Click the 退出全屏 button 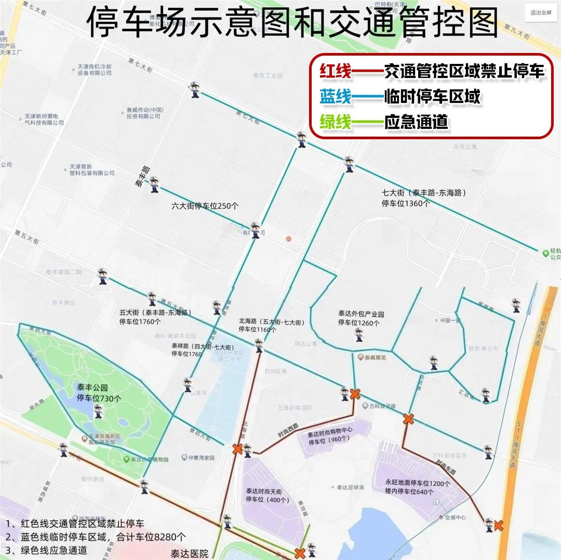541,12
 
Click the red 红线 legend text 336,71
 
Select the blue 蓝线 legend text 336,97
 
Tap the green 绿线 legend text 336,122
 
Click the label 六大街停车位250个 205,206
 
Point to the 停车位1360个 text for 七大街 405,203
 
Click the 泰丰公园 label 91,388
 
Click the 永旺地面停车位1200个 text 418,483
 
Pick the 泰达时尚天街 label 263,491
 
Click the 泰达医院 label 190,553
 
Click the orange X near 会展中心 499,526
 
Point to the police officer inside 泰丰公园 98,411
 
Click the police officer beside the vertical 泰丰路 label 154,184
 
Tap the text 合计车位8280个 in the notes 152,537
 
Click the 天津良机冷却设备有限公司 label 95,70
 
